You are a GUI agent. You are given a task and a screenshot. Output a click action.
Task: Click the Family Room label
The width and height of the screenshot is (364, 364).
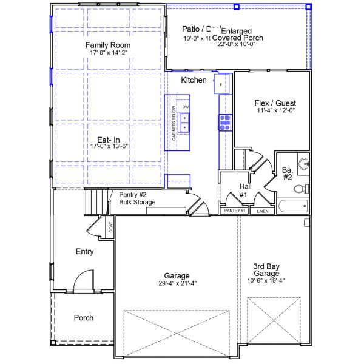tap(107, 45)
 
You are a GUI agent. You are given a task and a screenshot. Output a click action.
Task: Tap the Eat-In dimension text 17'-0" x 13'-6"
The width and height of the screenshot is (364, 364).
tap(108, 146)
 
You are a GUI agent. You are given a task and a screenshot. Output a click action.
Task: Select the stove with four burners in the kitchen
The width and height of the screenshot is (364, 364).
tap(225, 123)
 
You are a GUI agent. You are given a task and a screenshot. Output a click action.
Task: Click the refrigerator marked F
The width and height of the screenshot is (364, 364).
tap(221, 84)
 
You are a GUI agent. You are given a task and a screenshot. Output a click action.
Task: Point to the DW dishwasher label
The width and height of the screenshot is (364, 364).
tap(186, 107)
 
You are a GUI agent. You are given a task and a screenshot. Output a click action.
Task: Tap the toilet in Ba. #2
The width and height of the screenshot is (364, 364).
tap(302, 189)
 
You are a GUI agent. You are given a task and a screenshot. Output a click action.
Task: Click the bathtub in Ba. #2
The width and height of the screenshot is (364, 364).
tap(292, 207)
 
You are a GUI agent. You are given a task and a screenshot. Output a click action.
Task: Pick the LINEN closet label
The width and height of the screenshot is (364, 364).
tap(262, 211)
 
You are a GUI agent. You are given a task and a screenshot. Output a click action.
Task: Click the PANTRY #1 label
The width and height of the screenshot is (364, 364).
tap(234, 211)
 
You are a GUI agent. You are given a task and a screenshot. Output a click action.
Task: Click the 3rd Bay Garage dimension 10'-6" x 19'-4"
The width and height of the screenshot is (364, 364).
tap(274, 281)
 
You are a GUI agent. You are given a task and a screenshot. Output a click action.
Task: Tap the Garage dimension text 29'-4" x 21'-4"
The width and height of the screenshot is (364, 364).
tap(176, 283)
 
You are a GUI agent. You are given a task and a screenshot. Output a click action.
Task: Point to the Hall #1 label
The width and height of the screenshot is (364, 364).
tap(243, 190)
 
